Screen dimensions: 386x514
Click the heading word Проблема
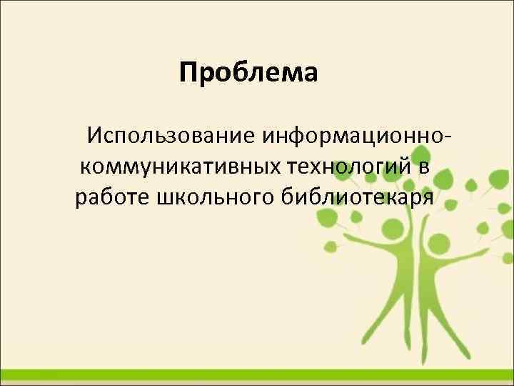248,73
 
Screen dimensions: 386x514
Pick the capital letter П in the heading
188,73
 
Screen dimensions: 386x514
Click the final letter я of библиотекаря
426,198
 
